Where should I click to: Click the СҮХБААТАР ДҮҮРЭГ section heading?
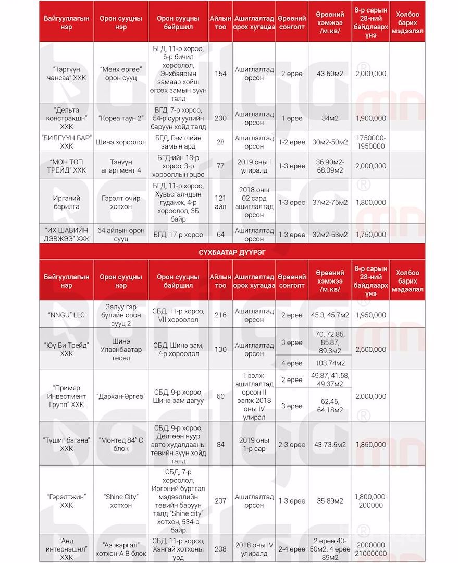[x=229, y=252]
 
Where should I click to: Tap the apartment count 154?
[x=220, y=74]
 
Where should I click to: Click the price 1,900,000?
[x=370, y=118]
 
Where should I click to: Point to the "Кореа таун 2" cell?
[x=121, y=118]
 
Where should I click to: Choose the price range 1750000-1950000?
[x=370, y=142]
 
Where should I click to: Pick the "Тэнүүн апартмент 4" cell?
[x=121, y=166]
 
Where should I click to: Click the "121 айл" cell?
[x=220, y=203]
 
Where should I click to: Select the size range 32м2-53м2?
[x=332, y=235]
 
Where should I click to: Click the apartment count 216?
[x=220, y=315]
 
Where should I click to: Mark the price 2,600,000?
[x=370, y=349]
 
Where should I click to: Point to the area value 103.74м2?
[x=332, y=362]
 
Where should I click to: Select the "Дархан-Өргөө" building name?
[x=121, y=396]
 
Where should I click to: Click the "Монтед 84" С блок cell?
[x=121, y=444]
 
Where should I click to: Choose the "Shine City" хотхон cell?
[x=121, y=501]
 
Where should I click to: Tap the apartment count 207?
[x=220, y=501]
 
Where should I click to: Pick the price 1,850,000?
[x=370, y=444]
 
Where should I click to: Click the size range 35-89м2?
[x=332, y=501]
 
